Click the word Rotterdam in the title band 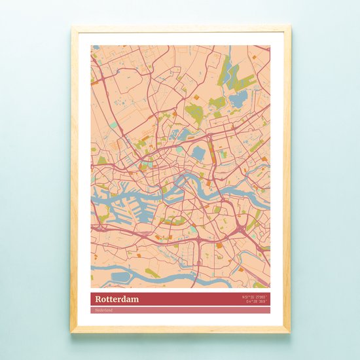pos(113,298)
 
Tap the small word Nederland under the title pos(103,310)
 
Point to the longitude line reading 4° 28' pos(257,302)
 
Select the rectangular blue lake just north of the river pos(198,154)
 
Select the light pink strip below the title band pos(180,310)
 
